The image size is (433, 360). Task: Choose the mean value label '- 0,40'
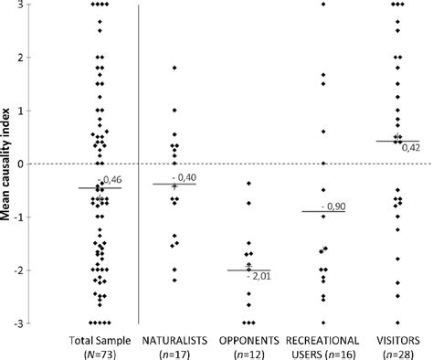pos(187,176)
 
